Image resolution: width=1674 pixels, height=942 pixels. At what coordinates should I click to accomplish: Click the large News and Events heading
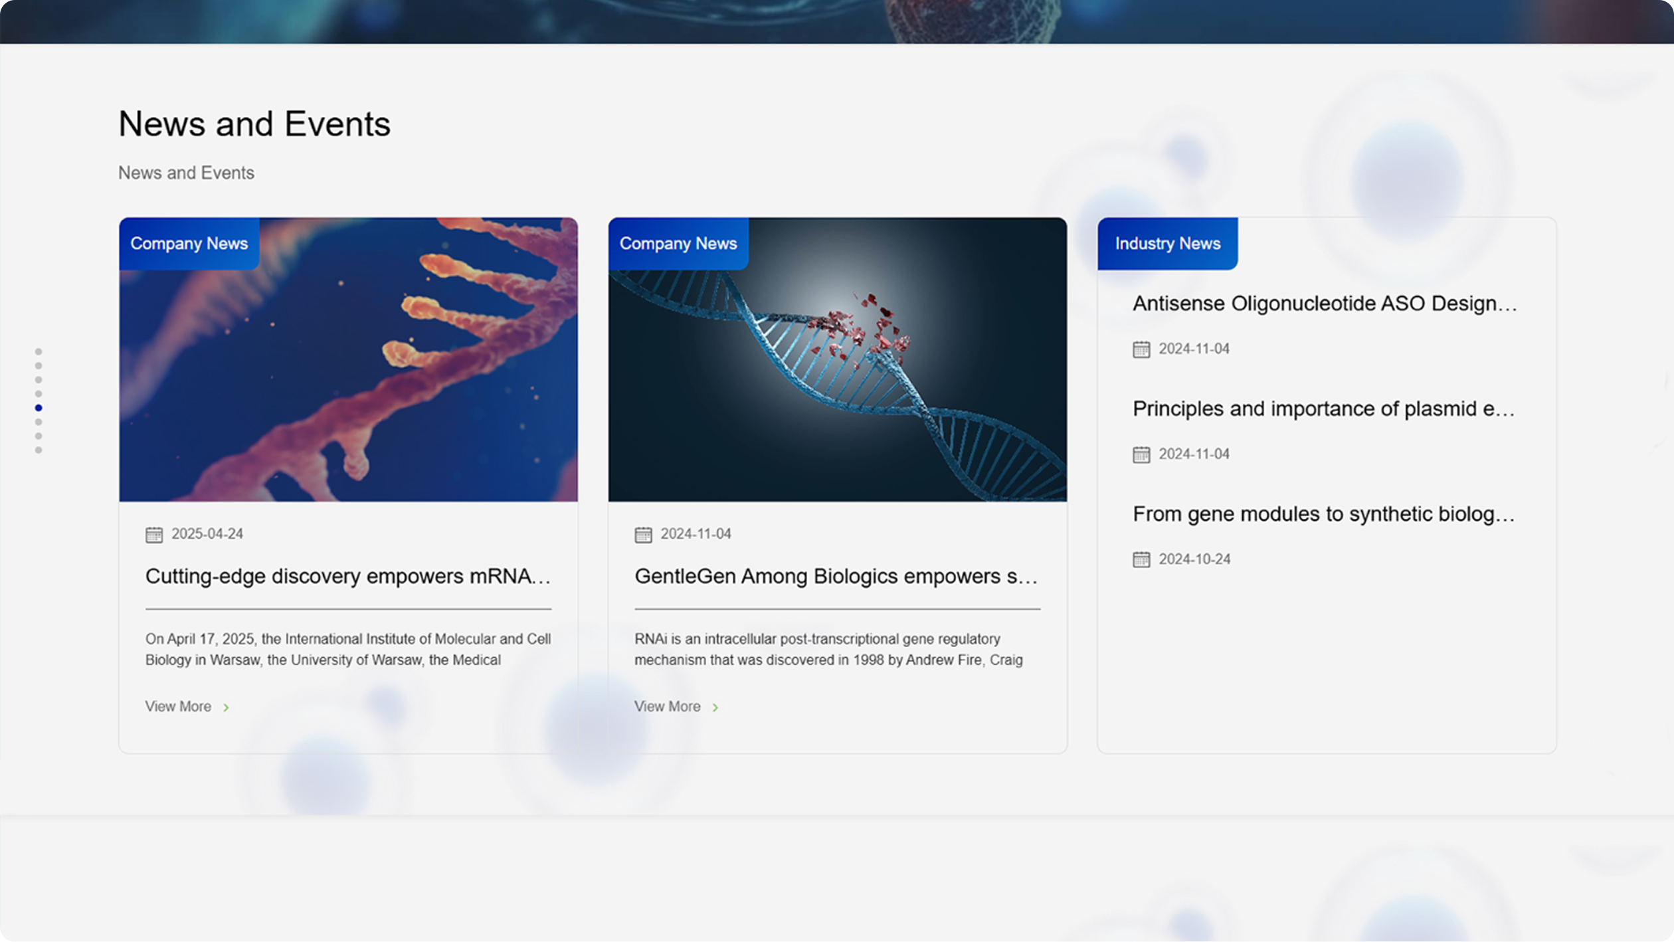pyautogui.click(x=254, y=124)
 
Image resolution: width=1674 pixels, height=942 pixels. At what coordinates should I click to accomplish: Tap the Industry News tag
pyautogui.click(x=1167, y=244)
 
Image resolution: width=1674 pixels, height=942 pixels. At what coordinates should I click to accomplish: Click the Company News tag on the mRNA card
pyautogui.click(x=189, y=244)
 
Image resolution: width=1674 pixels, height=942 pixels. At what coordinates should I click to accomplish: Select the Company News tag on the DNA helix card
pyautogui.click(x=678, y=244)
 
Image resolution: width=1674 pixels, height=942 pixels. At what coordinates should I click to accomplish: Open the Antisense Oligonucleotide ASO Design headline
pyautogui.click(x=1325, y=304)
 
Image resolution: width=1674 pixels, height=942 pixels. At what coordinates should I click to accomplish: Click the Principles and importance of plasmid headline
pyautogui.click(x=1323, y=409)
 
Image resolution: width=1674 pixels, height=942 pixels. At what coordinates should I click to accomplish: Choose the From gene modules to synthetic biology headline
pyautogui.click(x=1323, y=514)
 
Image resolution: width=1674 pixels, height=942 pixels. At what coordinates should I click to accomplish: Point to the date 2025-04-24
pyautogui.click(x=207, y=534)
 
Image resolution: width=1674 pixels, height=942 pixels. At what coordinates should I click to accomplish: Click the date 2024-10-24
pyautogui.click(x=1194, y=559)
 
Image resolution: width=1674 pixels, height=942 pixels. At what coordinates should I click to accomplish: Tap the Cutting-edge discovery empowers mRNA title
pyautogui.click(x=348, y=576)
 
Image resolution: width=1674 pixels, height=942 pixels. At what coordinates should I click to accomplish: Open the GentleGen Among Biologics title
pyautogui.click(x=836, y=576)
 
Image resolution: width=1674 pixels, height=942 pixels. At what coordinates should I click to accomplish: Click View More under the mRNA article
pyautogui.click(x=178, y=707)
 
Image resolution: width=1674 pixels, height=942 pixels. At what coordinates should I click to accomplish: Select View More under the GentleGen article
pyautogui.click(x=667, y=707)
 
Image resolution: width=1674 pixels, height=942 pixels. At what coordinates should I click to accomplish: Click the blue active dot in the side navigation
pyautogui.click(x=39, y=408)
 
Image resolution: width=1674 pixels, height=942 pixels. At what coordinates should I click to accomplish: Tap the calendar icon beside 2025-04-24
pyautogui.click(x=154, y=535)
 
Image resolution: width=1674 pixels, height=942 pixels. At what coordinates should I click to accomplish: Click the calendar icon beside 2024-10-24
pyautogui.click(x=1141, y=560)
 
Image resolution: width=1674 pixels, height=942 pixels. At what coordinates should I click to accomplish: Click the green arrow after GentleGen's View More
pyautogui.click(x=715, y=707)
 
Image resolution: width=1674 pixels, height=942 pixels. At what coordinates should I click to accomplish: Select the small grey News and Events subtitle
pyautogui.click(x=186, y=173)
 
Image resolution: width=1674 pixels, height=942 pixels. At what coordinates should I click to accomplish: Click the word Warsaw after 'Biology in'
pyautogui.click(x=235, y=660)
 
